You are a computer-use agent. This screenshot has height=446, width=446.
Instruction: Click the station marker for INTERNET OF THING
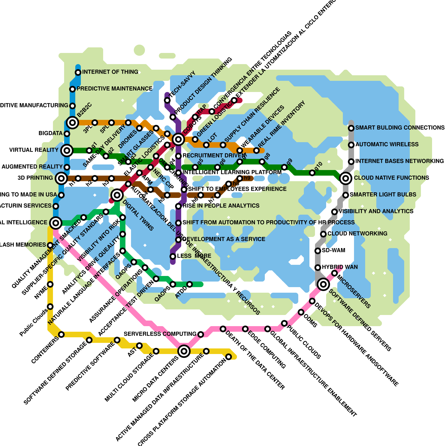click(78, 72)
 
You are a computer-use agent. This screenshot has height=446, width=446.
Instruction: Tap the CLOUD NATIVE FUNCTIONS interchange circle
click(346, 178)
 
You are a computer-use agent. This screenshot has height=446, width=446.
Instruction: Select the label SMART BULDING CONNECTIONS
click(400, 128)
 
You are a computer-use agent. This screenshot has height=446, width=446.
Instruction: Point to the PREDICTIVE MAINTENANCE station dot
click(72, 89)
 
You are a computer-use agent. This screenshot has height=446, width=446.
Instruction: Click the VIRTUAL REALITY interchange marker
click(67, 151)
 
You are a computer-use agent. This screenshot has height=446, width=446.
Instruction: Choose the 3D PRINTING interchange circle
click(61, 178)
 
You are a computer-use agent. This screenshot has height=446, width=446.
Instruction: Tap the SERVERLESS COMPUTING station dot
click(201, 334)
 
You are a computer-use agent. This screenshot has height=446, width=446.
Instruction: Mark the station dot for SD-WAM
click(318, 251)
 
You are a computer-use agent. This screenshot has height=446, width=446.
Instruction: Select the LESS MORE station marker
click(173, 256)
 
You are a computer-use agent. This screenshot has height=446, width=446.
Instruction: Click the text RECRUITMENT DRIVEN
click(214, 156)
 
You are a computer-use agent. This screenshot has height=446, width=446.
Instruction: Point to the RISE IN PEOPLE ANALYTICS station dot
click(178, 206)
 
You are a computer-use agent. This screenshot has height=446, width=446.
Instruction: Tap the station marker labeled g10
click(312, 173)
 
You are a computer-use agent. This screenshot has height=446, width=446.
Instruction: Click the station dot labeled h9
click(240, 178)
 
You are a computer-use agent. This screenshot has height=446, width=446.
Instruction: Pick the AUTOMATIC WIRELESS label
click(387, 144)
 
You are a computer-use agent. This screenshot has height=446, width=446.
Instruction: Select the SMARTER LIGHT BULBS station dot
click(346, 195)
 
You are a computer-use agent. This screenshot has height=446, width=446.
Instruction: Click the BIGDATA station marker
click(67, 134)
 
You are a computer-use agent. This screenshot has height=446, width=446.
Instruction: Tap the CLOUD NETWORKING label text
click(357, 234)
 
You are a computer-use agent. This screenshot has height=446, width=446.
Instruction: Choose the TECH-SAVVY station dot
click(167, 100)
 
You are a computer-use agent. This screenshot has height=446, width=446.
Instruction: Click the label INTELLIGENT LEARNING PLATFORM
click(232, 172)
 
